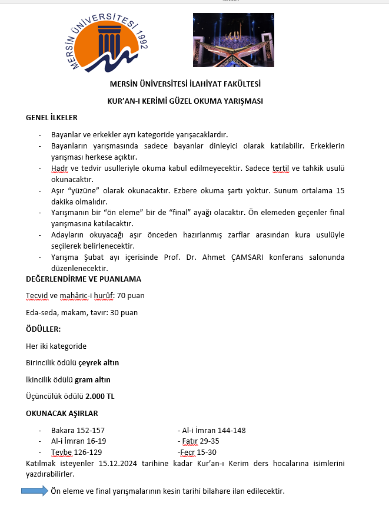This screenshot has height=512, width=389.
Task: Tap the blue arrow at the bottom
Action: (35, 490)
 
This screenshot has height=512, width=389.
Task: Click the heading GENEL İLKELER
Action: (52, 118)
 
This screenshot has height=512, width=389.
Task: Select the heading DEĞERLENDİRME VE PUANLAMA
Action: (84, 279)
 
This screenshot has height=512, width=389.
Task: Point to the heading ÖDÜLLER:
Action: (44, 329)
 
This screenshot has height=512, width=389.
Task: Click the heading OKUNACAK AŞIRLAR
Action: (62, 413)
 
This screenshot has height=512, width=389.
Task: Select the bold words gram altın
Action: (92, 379)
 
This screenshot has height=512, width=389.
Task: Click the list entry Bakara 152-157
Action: (78, 430)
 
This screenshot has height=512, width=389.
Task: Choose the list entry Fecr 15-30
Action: (198, 452)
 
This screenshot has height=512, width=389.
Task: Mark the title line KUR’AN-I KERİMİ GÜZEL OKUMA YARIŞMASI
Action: (185, 101)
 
